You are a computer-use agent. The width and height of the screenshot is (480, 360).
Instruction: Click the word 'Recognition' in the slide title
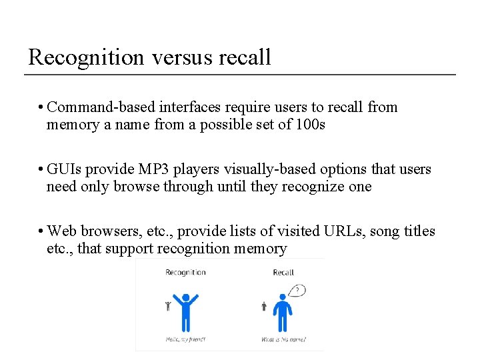86,57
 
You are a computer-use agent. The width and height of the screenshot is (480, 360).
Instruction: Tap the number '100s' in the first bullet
308,125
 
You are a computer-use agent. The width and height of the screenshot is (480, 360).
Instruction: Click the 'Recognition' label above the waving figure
185,272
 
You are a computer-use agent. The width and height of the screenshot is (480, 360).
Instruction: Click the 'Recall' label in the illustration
283,272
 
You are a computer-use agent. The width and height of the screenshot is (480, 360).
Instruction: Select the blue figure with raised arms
185,311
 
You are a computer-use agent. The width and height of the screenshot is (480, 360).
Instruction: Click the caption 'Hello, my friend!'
185,339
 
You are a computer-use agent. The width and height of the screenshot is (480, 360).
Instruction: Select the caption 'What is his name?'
284,339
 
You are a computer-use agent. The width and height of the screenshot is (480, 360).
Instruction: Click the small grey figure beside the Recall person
264,306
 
